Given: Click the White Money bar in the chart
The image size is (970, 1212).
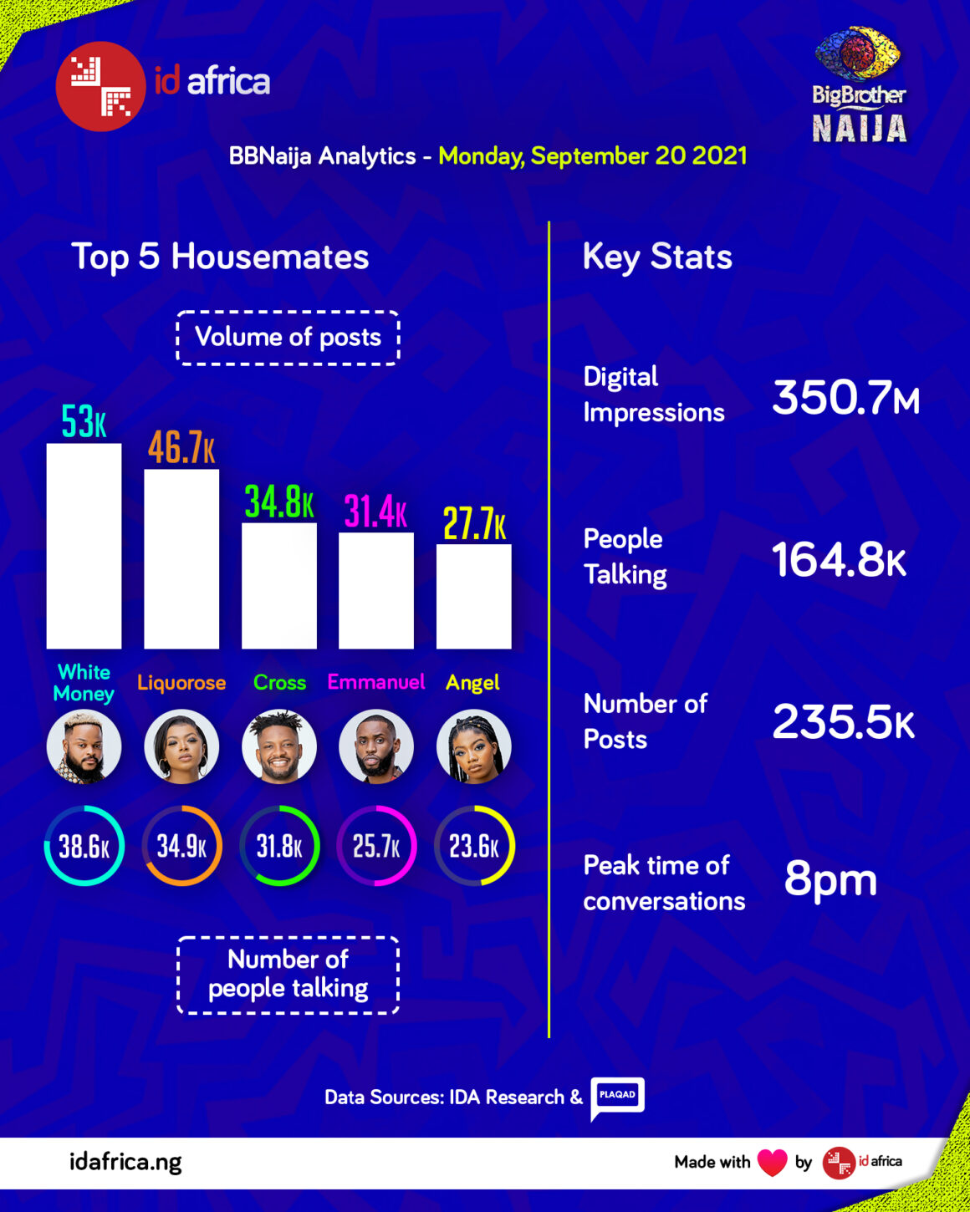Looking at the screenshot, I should tap(84, 546).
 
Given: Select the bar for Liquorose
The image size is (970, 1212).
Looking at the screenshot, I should tap(181, 558).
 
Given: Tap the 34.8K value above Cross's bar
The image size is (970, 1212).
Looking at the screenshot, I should tap(279, 502).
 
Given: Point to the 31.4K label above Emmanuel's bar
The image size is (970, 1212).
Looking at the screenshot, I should tap(375, 512).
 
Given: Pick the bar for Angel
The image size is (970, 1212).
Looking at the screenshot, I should tap(473, 596).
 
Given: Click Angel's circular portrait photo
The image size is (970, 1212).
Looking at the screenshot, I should tap(473, 746).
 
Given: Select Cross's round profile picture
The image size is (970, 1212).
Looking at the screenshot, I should tap(279, 746).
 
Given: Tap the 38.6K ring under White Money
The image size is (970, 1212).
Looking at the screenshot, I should tap(84, 846).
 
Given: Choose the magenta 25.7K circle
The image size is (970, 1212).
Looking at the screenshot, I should tap(376, 846).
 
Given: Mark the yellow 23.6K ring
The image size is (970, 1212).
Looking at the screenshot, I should tap(474, 846).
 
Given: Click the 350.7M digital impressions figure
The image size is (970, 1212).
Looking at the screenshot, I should tap(845, 397).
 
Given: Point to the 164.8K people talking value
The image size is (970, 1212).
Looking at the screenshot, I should tap(838, 559).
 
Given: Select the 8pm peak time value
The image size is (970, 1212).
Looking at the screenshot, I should tap(830, 879).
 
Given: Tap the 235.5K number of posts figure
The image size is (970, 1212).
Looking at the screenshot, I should tap(843, 721).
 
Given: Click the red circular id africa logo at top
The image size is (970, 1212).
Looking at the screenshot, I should tap(100, 86).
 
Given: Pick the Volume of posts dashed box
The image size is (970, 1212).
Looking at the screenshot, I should tap(288, 338).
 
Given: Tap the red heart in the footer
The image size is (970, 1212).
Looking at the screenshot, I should tap(772, 1162).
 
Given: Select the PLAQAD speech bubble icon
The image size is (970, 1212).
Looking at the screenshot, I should tap(617, 1097).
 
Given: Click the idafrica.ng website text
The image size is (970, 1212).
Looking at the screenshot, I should tap(125, 1162).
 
